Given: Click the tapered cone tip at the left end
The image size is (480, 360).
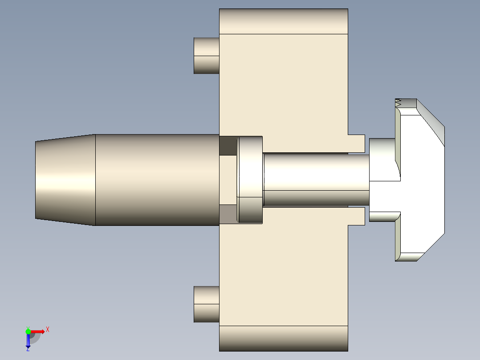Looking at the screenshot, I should click(65, 180).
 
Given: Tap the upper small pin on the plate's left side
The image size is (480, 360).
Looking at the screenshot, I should click(206, 56).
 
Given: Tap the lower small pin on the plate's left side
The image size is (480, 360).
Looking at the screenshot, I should click(206, 304).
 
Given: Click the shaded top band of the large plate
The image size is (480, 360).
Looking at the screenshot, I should click(283, 21).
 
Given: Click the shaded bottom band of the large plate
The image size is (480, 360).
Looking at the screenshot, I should click(283, 338).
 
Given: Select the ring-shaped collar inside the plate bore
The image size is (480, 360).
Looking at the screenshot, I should click(250, 180).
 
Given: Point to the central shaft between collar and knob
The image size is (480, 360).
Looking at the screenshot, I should click(316, 178).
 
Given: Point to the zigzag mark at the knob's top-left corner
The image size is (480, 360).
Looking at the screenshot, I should click(398, 102).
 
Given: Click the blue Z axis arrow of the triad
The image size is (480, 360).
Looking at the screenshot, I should click(28, 340).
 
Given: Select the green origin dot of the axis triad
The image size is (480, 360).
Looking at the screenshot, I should click(28, 331).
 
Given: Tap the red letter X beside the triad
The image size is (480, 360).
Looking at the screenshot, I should click(47, 330).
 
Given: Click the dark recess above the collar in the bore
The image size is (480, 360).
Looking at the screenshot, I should click(228, 146).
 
